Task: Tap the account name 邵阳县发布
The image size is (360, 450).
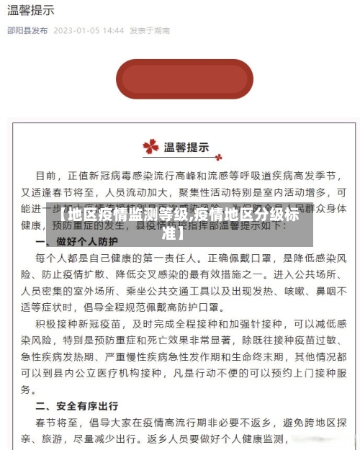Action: click(x=27, y=31)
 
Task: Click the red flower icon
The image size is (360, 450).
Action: click(x=150, y=147)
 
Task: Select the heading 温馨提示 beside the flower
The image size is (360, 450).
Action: click(x=187, y=147)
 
